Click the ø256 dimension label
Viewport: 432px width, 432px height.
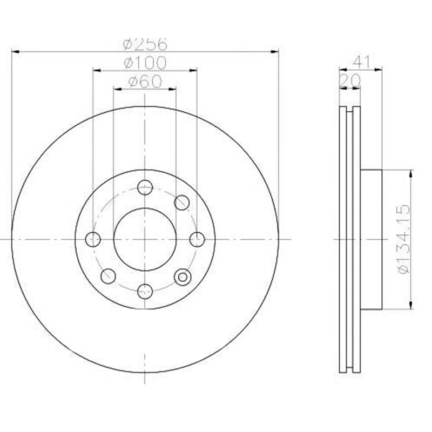pyautogui.click(x=145, y=44)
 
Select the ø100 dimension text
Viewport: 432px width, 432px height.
pyautogui.click(x=145, y=63)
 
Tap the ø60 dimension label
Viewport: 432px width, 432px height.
pyautogui.click(x=145, y=82)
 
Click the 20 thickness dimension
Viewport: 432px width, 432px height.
pyautogui.click(x=350, y=80)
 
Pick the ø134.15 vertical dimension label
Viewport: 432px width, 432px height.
pyautogui.click(x=404, y=239)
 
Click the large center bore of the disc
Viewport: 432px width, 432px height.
pyautogui.click(x=145, y=239)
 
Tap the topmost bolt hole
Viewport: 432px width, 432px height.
pyautogui.click(x=145, y=187)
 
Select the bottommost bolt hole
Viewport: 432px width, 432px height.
pyautogui.click(x=145, y=292)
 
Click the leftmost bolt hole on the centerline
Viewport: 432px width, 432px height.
pyautogui.click(x=93, y=239)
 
